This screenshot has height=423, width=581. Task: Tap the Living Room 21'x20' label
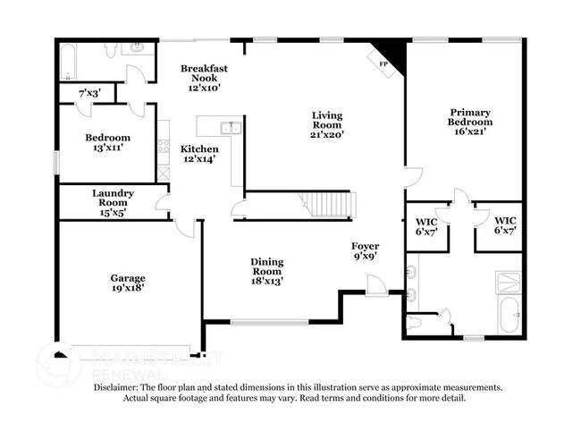(x=327, y=124)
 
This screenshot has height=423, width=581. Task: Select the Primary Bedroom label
(x=469, y=121)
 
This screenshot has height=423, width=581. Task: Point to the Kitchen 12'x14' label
(x=199, y=154)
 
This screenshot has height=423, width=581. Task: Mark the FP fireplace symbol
(x=384, y=63)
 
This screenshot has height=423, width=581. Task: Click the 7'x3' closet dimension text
(x=89, y=93)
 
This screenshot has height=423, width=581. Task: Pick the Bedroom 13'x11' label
(x=107, y=142)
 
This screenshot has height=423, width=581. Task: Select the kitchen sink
(x=231, y=128)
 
